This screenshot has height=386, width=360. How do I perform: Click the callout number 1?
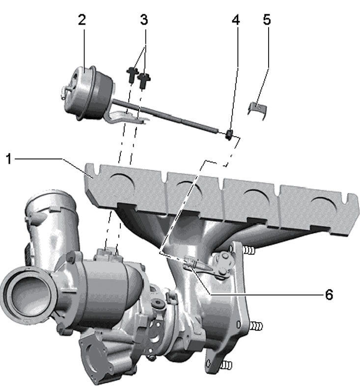click(x=9, y=159)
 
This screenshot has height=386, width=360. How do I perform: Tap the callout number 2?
click(x=82, y=20)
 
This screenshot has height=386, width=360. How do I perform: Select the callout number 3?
click(x=144, y=20)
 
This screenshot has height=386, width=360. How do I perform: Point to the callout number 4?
click(x=236, y=20)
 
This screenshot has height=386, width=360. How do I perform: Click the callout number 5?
click(x=267, y=20)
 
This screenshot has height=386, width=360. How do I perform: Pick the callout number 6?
click(x=329, y=295)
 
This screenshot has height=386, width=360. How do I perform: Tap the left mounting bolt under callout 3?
click(x=132, y=75)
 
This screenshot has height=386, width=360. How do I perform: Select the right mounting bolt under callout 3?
click(x=144, y=80)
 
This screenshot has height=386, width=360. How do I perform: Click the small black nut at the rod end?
click(x=229, y=134)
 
